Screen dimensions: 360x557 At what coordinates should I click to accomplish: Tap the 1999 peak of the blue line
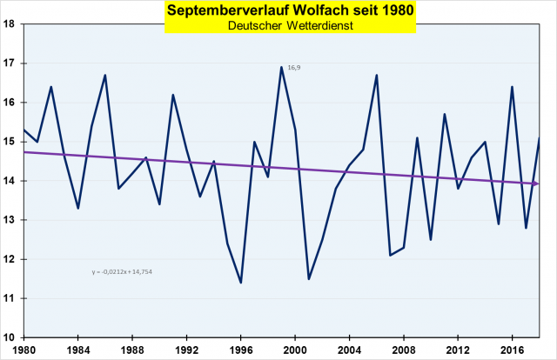(x=282, y=67)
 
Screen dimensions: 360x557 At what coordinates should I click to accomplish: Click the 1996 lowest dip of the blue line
(x=241, y=283)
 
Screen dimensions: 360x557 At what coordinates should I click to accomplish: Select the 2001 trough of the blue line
(x=309, y=278)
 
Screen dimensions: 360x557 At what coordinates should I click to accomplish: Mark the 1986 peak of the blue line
(x=105, y=75)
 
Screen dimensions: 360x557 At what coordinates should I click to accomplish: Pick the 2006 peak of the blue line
(x=377, y=75)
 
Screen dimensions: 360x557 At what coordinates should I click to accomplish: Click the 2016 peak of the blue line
(x=513, y=86)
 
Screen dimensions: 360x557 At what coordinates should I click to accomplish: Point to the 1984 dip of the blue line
(x=78, y=208)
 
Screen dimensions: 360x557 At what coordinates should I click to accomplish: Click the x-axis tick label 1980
(x=24, y=350)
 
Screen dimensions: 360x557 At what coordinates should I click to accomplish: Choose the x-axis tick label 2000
(x=296, y=350)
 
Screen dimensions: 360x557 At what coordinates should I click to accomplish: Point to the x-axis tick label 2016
(x=513, y=350)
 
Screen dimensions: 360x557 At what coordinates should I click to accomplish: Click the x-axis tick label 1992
(x=187, y=350)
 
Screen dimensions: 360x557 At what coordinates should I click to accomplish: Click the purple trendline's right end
(x=539, y=183)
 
